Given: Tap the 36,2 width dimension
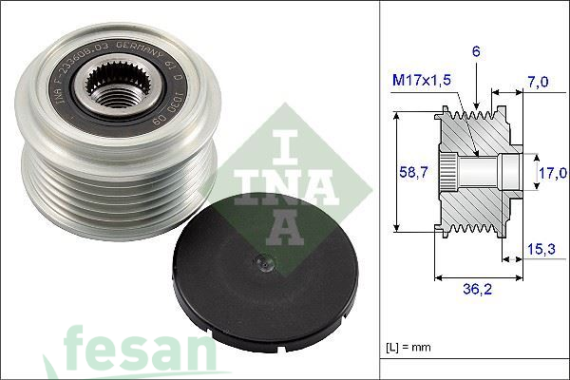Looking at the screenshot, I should tap(475, 291).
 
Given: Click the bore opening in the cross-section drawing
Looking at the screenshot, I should tap(512, 172).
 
